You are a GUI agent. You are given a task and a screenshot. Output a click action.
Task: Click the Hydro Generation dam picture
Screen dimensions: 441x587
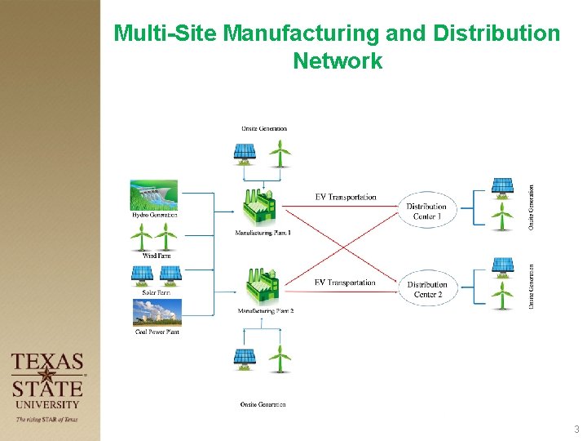point(154,195)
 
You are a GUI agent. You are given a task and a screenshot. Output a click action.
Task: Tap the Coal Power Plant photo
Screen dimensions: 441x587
point(157,313)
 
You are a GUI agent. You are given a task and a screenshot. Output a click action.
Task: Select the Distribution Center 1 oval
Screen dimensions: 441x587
point(426,212)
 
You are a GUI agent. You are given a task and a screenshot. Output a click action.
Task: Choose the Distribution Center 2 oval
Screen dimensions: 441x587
point(427,289)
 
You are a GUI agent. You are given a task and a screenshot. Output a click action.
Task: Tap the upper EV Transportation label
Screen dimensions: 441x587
point(346,197)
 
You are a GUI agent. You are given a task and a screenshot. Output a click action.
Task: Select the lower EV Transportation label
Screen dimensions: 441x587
point(345,283)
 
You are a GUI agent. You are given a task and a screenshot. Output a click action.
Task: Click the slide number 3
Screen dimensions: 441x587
point(576,430)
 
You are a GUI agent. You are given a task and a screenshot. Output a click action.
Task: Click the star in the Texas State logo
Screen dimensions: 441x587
point(47,376)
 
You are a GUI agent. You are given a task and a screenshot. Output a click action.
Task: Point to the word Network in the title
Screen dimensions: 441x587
point(337,61)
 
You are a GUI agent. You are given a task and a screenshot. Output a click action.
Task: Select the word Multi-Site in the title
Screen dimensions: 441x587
point(166,33)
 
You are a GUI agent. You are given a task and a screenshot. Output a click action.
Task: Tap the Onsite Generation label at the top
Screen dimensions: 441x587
point(263,128)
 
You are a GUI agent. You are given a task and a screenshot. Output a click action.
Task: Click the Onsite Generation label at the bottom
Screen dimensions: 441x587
point(263,404)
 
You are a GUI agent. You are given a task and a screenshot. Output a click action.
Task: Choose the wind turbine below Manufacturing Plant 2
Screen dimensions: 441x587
point(280,358)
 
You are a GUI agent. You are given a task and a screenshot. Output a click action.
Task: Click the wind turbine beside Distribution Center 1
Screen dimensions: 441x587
point(503,216)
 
